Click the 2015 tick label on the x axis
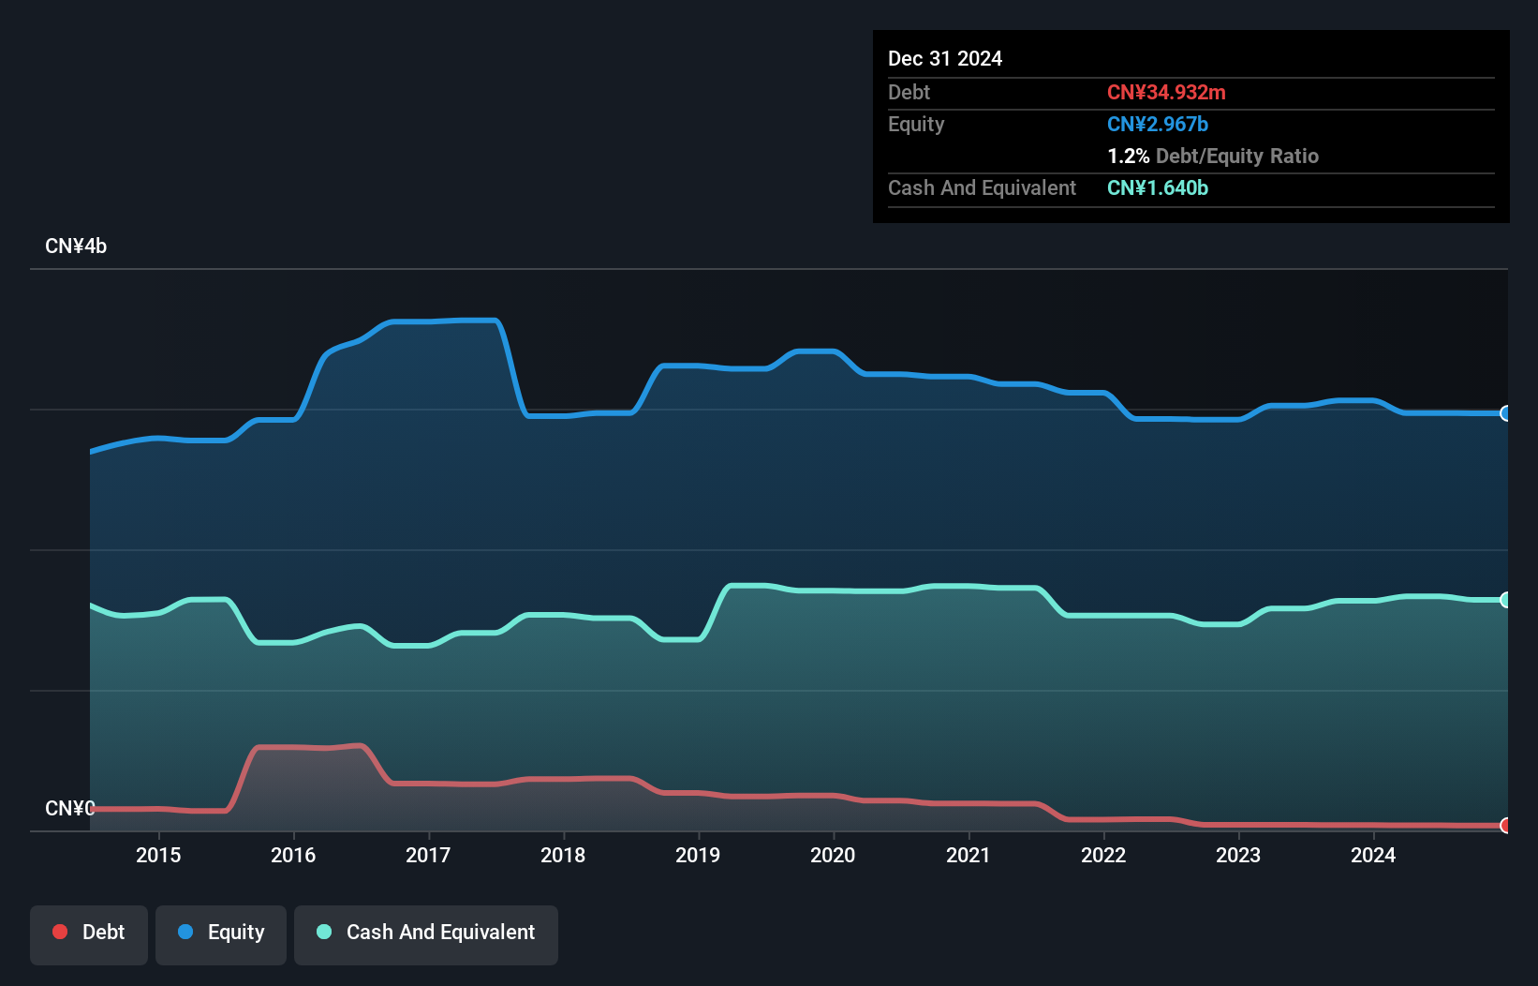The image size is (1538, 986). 158,855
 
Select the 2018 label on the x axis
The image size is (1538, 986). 563,855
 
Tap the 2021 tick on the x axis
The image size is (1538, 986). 968,855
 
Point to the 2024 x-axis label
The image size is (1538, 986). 1372,855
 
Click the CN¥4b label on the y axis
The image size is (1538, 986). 76,246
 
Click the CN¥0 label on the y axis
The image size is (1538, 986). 69,808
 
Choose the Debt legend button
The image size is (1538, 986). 89,933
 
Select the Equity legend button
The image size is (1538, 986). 221,933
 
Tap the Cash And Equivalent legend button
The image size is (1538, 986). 426,933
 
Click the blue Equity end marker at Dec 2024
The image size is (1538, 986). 1505,413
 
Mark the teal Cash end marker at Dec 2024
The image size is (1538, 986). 1505,600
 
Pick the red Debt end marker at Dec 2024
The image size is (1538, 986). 1505,826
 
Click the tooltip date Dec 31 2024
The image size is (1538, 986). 944,59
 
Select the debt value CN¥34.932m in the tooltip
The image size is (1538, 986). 1166,93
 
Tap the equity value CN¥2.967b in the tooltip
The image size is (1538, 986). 1157,125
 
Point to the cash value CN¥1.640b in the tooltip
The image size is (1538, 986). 1157,188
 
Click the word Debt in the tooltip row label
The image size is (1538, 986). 909,93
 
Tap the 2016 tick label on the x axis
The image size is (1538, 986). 293,855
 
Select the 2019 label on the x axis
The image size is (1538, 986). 698,855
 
